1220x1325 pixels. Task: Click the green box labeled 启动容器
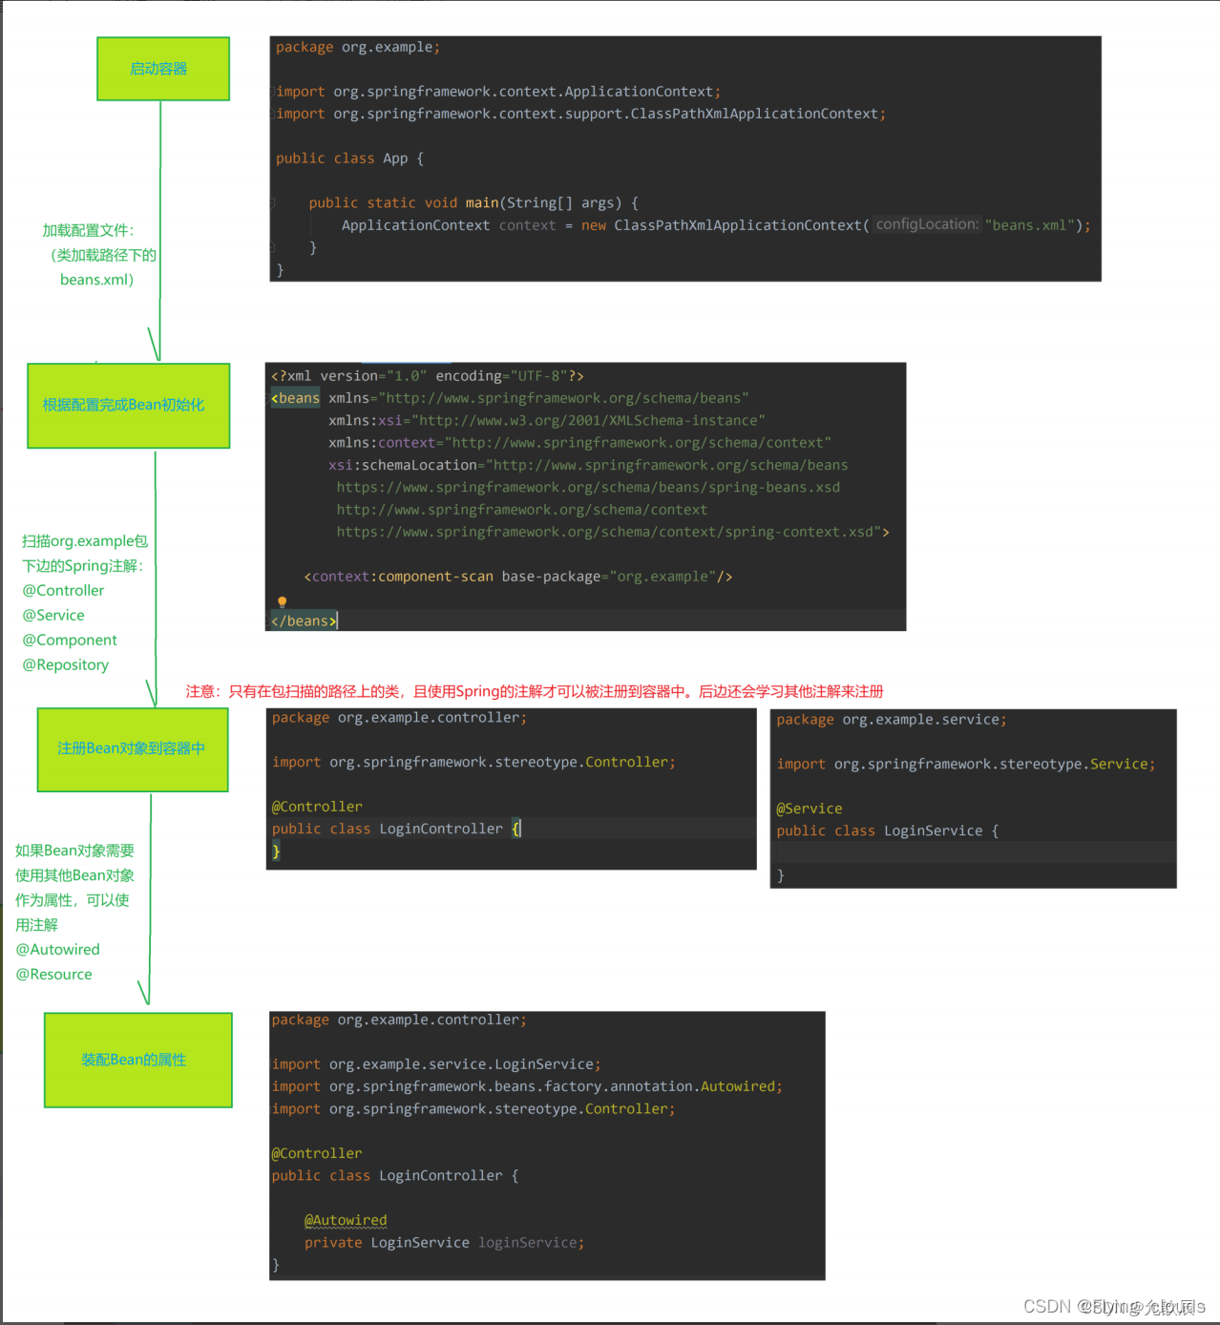pos(163,69)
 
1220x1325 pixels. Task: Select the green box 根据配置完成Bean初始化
pos(129,405)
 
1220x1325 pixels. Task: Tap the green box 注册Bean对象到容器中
pos(133,748)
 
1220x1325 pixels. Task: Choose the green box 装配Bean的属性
pos(138,1060)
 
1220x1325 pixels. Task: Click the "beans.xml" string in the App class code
pos(1030,225)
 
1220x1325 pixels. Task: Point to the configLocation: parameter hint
pos(927,224)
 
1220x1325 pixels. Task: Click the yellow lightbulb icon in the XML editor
pos(282,601)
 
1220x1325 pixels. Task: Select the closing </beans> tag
pos(304,620)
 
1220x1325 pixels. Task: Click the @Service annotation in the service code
pos(810,809)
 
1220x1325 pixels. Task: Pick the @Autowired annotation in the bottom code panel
pos(346,1220)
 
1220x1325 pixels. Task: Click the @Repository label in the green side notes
pos(66,664)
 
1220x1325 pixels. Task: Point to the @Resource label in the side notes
pos(54,974)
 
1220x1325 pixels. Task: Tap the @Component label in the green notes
pos(70,640)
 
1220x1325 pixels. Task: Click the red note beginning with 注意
pos(535,691)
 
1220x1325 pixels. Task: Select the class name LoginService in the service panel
pos(933,831)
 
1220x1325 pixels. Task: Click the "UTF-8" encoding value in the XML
pos(538,376)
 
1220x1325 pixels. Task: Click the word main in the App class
pos(482,202)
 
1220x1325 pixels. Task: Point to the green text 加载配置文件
pos(88,230)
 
